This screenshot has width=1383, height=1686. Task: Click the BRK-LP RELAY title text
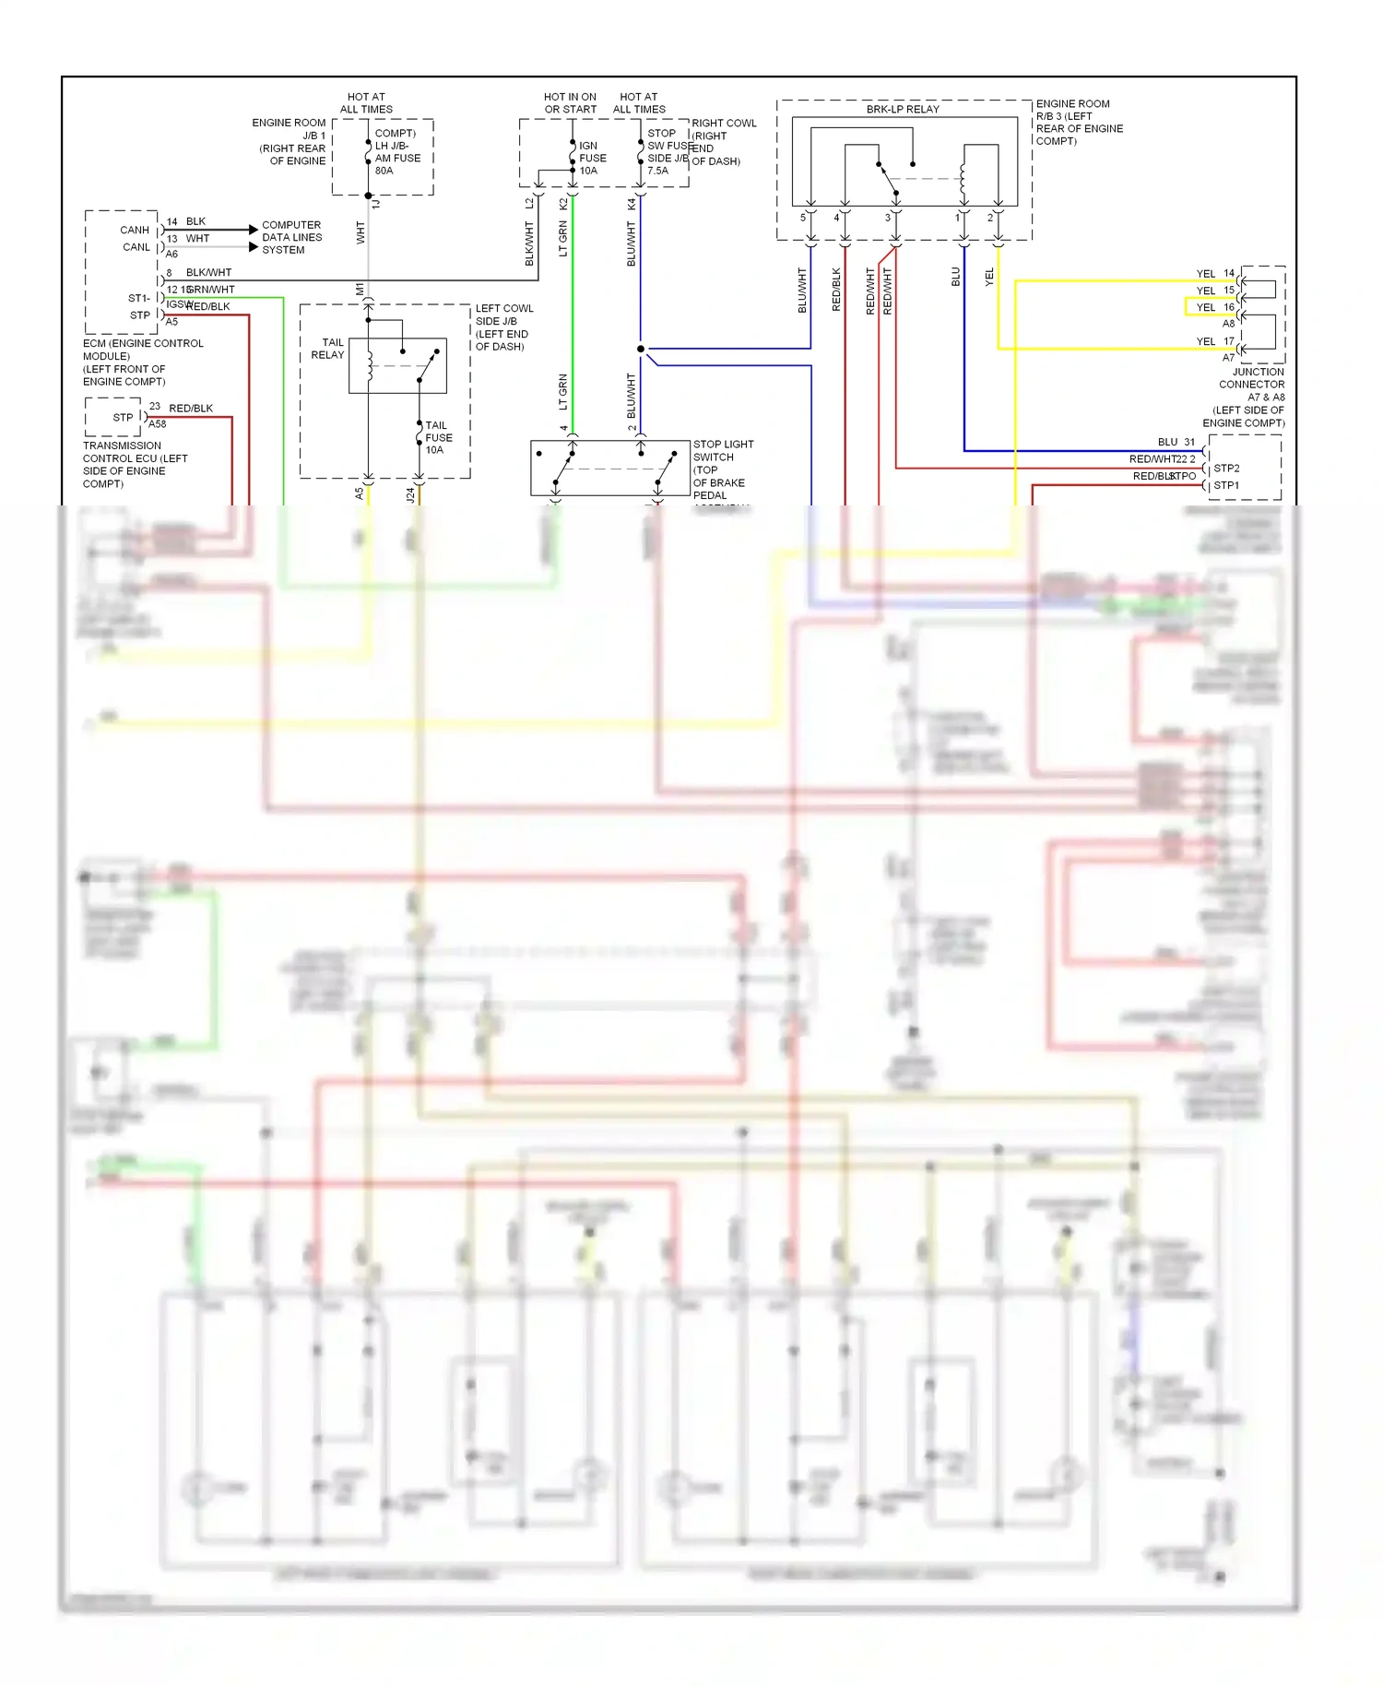coord(902,109)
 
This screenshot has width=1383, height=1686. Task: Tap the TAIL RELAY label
coord(327,349)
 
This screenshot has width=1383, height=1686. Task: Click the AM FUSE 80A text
coord(397,164)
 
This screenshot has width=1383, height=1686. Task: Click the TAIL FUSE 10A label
coord(438,437)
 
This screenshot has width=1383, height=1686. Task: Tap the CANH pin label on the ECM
coord(135,230)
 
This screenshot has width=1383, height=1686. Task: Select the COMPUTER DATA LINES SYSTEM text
coord(291,237)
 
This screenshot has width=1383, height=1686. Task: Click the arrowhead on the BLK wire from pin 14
coord(254,229)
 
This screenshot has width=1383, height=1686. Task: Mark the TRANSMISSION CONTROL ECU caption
coord(135,464)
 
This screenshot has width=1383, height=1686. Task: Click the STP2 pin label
coord(1226,468)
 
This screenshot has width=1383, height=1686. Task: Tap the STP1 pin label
coord(1226,485)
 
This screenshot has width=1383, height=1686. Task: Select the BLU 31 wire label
coord(1176,442)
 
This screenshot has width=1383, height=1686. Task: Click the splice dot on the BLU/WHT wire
coord(640,349)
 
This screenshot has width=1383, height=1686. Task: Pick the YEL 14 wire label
coord(1214,273)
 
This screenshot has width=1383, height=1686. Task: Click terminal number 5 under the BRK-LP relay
coord(802,218)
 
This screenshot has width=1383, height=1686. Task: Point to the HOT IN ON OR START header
coord(570,102)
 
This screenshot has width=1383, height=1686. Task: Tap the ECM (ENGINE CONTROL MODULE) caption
coord(143,362)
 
